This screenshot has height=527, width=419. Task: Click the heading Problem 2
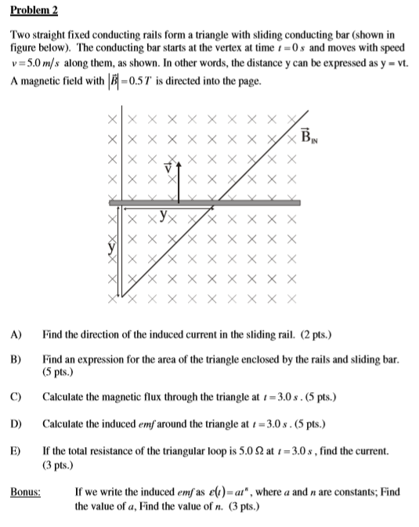34,13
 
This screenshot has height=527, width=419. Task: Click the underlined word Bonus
26,492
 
